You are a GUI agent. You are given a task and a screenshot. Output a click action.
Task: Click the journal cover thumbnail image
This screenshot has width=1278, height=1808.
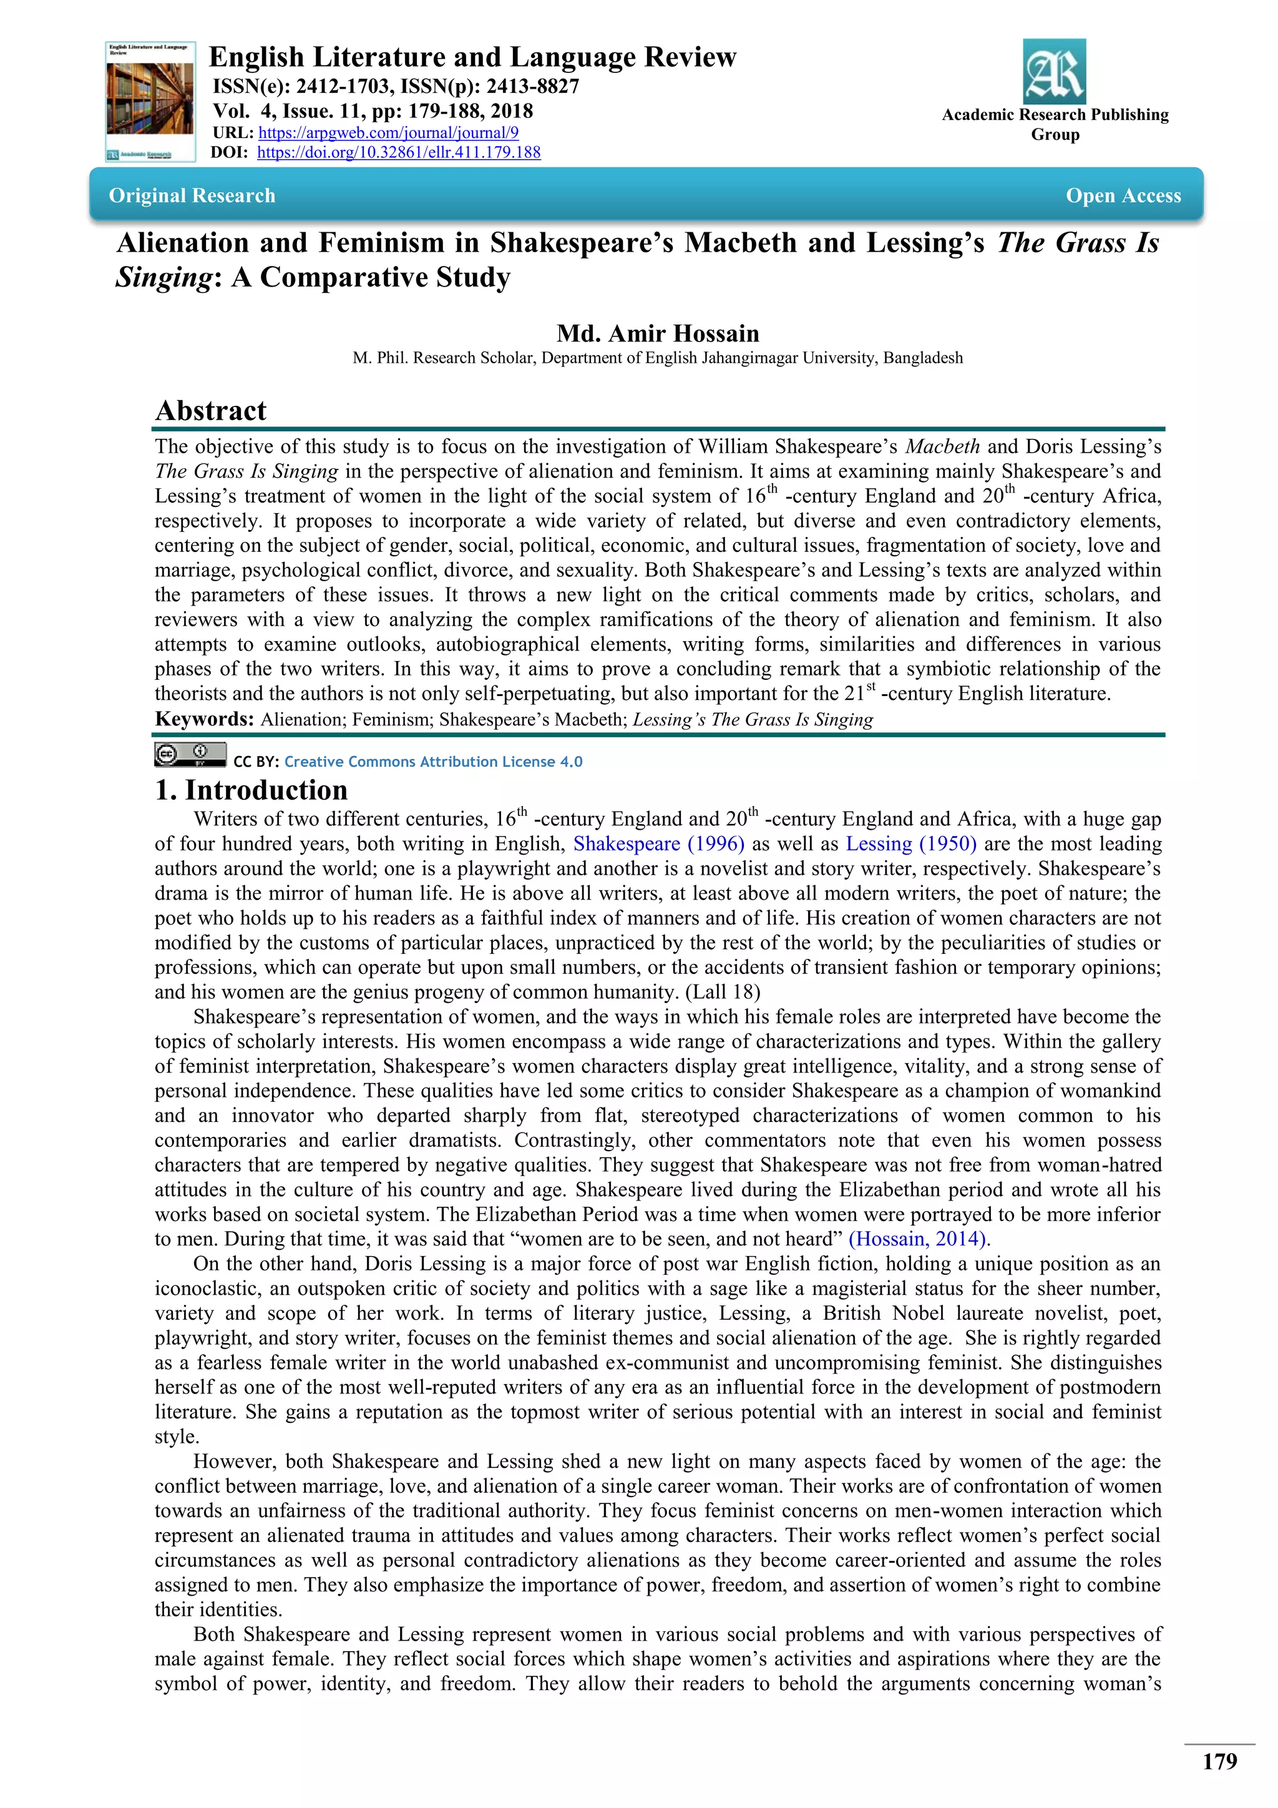click(150, 102)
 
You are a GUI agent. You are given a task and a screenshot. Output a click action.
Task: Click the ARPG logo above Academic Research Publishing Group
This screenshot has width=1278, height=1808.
click(1054, 72)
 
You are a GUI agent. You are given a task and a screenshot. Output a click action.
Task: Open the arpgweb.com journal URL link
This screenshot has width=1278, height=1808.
click(388, 133)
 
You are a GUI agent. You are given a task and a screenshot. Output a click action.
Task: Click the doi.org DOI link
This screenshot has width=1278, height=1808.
click(398, 153)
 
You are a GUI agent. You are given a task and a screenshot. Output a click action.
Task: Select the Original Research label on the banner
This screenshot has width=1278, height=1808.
click(192, 196)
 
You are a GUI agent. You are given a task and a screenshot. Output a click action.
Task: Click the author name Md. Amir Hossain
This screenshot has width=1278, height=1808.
click(658, 333)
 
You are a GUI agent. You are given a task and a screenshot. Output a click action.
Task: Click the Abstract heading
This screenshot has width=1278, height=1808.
click(211, 410)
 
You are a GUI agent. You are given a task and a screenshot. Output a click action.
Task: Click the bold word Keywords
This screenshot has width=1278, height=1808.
click(204, 719)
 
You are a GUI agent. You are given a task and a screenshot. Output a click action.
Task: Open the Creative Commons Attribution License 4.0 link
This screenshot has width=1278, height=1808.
click(433, 762)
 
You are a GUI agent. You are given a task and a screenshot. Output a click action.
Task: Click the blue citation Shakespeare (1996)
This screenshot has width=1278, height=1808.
click(658, 843)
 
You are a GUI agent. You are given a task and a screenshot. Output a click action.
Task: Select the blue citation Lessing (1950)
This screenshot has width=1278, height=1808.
click(910, 843)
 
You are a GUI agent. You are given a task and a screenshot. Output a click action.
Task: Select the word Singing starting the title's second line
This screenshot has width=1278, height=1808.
click(163, 278)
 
